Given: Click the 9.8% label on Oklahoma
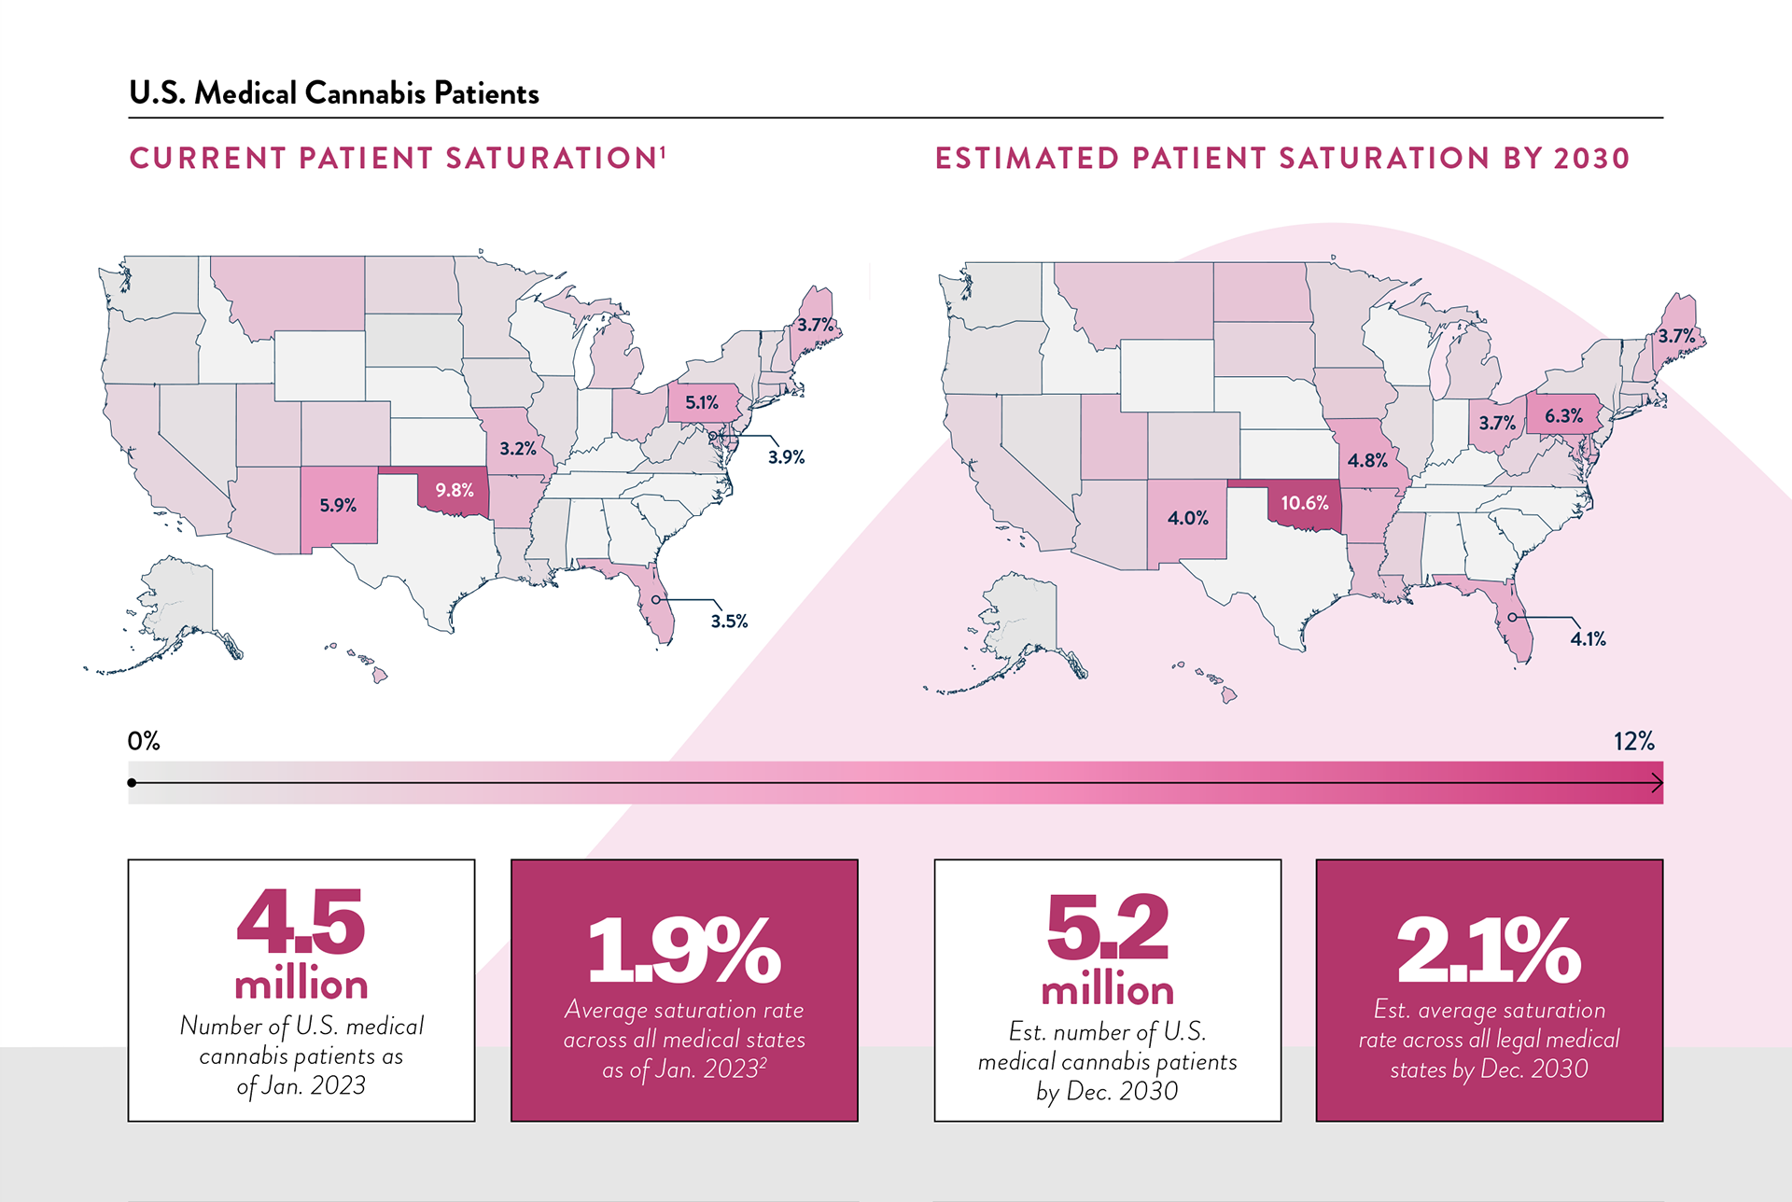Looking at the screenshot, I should click(455, 490).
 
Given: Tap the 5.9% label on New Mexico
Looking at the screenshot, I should click(338, 505).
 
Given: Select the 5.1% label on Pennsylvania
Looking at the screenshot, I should click(702, 402).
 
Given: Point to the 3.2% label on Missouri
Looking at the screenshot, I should click(518, 449).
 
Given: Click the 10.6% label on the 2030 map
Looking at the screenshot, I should click(1304, 503).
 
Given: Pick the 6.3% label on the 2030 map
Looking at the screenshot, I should click(1563, 415).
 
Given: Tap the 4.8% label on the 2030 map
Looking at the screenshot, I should click(1367, 460).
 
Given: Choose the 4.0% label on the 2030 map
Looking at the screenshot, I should click(1187, 518).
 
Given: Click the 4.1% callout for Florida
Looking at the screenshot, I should click(1588, 639).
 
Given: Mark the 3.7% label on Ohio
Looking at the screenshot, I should click(1497, 423).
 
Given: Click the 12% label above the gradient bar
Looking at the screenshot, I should click(1633, 742).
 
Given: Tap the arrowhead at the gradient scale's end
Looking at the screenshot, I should click(1658, 783).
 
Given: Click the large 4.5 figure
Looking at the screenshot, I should click(301, 922).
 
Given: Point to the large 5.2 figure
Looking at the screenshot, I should click(1107, 928).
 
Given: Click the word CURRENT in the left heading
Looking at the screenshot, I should click(206, 159).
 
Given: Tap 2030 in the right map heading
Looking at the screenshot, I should click(1591, 159).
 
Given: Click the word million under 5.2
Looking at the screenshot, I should click(1107, 990).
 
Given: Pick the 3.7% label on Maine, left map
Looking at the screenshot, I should click(815, 325).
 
